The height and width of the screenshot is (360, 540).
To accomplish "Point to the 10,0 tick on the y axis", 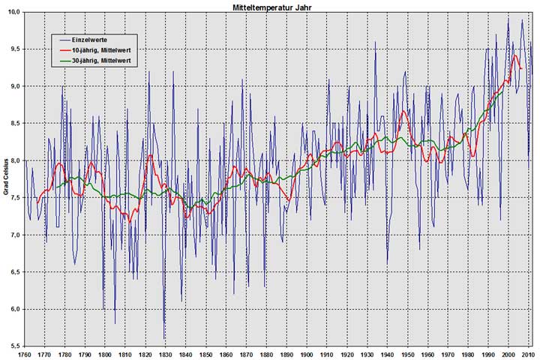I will coord(13,12).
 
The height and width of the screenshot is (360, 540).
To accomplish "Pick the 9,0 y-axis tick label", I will coord(13,86).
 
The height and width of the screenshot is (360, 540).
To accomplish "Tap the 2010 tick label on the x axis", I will coord(529,354).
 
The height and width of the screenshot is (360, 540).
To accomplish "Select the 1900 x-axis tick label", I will coord(307,354).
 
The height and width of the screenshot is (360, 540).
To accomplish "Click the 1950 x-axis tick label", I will coord(408,354).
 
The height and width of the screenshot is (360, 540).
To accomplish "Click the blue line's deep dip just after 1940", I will coord(388,263).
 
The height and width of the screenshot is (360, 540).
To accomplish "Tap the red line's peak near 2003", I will coord(515,55).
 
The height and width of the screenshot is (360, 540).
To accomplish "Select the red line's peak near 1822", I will coord(150,155).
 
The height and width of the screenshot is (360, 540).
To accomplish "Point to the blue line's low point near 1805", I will coord(115,323).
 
